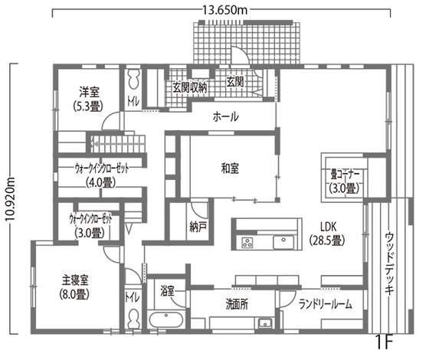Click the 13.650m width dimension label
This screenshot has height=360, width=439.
(226, 10)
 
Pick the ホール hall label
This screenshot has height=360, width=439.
(225, 117)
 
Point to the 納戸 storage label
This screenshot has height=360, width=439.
(198, 227)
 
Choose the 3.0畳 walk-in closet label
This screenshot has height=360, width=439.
(90, 225)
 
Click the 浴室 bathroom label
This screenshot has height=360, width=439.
(168, 291)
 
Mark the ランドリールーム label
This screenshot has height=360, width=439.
(326, 304)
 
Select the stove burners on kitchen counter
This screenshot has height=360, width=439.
(248, 244)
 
